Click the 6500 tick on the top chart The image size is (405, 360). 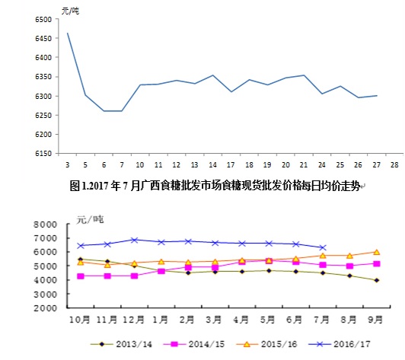[42, 19]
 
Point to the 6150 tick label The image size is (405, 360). [42, 154]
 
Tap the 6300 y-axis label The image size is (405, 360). [42, 96]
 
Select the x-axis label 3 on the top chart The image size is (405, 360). [68, 164]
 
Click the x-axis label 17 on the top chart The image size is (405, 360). [231, 164]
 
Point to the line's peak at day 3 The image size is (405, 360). [68, 33]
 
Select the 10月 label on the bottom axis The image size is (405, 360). [81, 320]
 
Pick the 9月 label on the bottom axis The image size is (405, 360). [376, 320]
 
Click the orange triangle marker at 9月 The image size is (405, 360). [376, 252]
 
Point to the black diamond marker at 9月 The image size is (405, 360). [376, 280]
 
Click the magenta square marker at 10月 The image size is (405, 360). [81, 276]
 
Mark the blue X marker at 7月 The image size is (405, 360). [323, 247]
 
